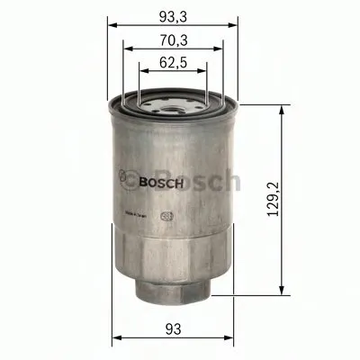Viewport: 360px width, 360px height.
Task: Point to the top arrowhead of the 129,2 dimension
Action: coord(285,105)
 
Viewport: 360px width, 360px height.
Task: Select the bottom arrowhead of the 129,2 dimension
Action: coord(285,295)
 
